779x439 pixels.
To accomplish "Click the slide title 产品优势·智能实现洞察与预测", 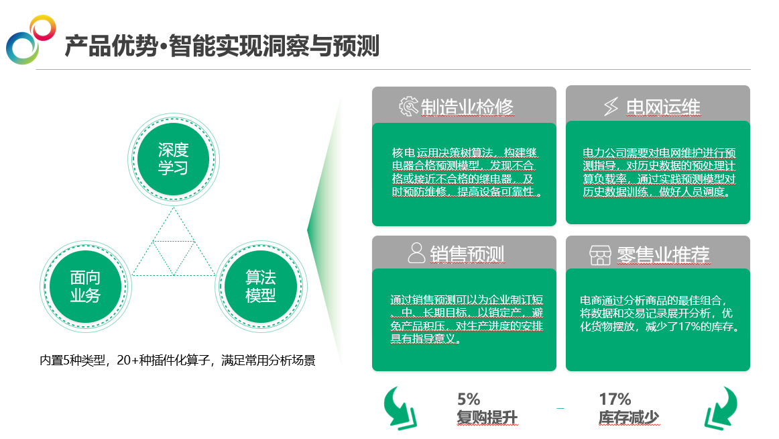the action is (x=222, y=46).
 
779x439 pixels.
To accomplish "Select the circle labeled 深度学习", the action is (x=174, y=159).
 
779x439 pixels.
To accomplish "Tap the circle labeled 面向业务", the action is (x=85, y=287).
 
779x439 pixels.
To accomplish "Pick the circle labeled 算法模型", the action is (x=261, y=287).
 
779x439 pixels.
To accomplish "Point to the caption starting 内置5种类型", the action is (x=178, y=360).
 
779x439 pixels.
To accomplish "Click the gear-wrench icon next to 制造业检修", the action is (x=408, y=107).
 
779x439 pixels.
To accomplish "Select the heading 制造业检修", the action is (x=467, y=107).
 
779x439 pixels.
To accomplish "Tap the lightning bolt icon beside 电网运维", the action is (x=611, y=107).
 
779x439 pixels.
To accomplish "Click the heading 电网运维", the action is (x=663, y=107).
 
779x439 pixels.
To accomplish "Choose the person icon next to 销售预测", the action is (x=416, y=253).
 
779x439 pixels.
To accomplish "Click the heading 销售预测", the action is (x=467, y=254).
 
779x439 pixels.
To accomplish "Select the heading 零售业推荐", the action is (x=663, y=255).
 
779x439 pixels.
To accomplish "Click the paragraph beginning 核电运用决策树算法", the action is (x=466, y=172).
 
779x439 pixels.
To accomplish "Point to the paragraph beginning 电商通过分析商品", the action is (x=660, y=313).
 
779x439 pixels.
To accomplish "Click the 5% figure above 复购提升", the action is (x=469, y=399).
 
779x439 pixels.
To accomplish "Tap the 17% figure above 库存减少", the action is (x=615, y=399).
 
